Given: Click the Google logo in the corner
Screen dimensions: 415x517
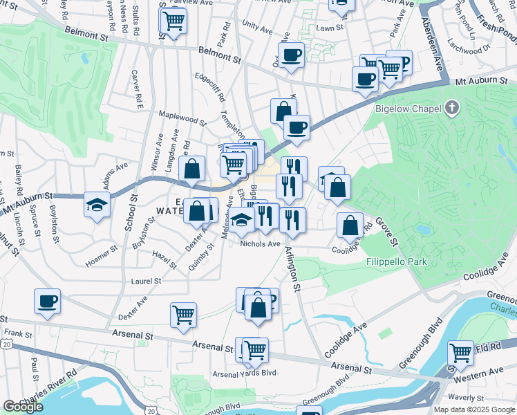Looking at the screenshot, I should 23,407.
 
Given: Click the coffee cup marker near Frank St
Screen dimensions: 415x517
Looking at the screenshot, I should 47,302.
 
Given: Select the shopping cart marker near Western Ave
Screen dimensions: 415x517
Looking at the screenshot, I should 460,353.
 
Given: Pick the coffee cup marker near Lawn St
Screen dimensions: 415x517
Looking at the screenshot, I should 291,55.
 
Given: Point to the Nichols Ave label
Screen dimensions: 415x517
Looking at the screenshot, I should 259,243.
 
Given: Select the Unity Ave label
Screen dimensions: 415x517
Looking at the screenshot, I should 257,26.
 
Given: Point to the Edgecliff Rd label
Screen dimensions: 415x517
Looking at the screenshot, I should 209,88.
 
